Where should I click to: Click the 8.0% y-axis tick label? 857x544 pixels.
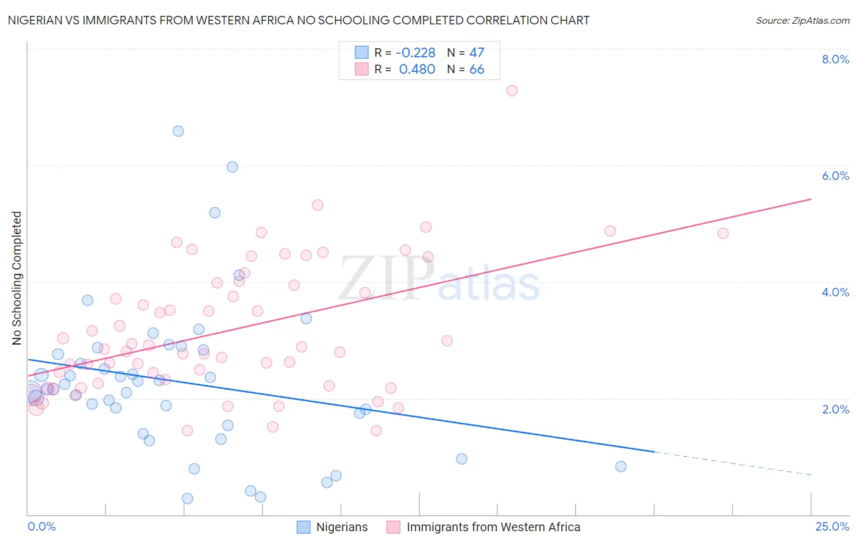pos(835,59)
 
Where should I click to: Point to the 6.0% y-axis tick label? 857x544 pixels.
pos(835,176)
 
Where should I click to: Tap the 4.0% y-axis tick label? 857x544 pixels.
pos(835,292)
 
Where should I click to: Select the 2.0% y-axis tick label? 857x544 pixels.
pos(835,409)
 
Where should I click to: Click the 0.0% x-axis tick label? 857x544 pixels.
pos(41,527)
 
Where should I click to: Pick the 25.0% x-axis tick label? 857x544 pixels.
pos(832,527)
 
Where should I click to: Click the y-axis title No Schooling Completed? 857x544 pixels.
pos(16,278)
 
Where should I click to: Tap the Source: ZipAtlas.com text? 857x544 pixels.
pos(802,20)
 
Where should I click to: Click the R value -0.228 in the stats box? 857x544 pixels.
pos(416,52)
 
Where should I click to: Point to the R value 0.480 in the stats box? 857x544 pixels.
pos(417,70)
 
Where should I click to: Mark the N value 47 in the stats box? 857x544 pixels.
pos(477,52)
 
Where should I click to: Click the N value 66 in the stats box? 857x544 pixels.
pos(477,70)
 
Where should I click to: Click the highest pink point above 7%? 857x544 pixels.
pos(512,90)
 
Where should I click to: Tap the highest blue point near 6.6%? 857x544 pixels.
pos(178,131)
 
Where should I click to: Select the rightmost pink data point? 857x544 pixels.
pos(723,233)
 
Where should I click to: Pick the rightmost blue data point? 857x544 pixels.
pos(621,467)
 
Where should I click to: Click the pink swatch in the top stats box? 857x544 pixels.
pos(361,69)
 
